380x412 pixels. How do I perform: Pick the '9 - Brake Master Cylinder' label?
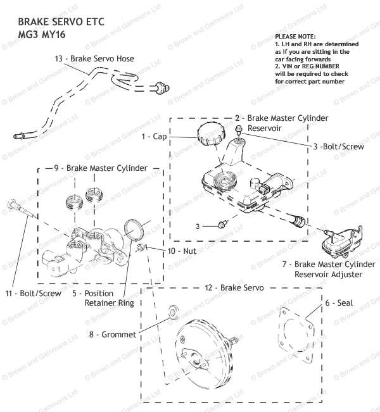point(101,168)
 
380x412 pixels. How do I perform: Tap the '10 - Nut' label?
point(182,251)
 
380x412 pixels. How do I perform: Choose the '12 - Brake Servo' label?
point(234,288)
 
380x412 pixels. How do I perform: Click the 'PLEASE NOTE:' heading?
point(295,37)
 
